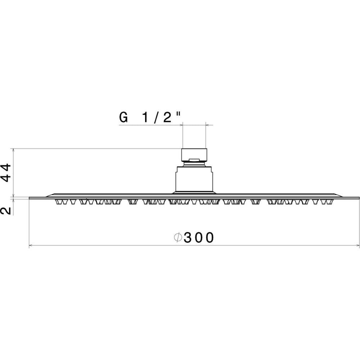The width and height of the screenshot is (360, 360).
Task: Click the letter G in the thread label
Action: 123,117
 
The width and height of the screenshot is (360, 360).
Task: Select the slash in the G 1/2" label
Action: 156,118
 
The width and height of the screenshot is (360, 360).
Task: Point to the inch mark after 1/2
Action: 179,114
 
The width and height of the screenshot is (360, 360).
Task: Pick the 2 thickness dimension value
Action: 6,210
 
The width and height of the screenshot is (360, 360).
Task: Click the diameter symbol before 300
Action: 178,237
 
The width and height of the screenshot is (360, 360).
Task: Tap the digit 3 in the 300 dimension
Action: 188,237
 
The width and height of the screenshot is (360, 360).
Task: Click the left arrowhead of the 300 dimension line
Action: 31,246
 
